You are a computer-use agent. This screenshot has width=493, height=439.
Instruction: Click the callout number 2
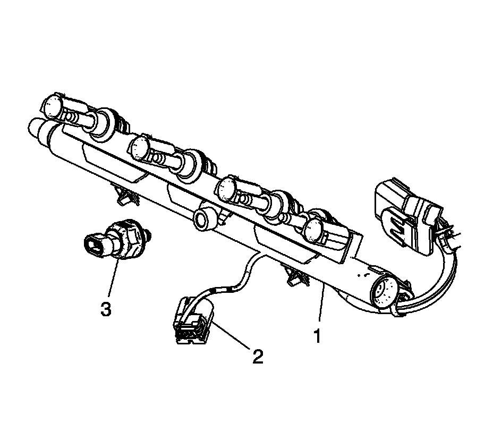click(x=257, y=356)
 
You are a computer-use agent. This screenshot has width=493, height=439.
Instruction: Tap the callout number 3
click(x=106, y=309)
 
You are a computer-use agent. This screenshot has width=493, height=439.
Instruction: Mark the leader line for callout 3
click(x=110, y=278)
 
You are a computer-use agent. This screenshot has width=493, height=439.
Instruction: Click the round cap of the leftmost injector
click(x=52, y=105)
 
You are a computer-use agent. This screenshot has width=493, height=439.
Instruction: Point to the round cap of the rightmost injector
click(x=314, y=230)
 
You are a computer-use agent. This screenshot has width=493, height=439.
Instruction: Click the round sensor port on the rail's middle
click(x=203, y=219)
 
